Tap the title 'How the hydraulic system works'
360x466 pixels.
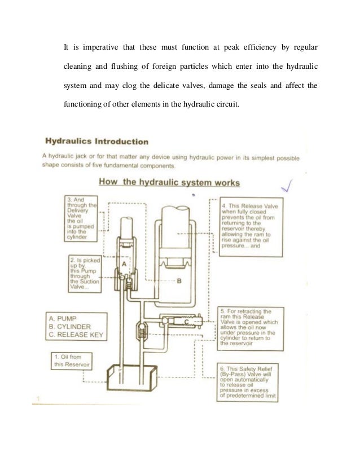(169, 182)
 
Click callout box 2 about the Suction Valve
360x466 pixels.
(84, 272)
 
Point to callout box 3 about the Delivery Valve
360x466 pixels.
(81, 218)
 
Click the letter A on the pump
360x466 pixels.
(124, 262)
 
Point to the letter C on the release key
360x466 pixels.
(186, 322)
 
